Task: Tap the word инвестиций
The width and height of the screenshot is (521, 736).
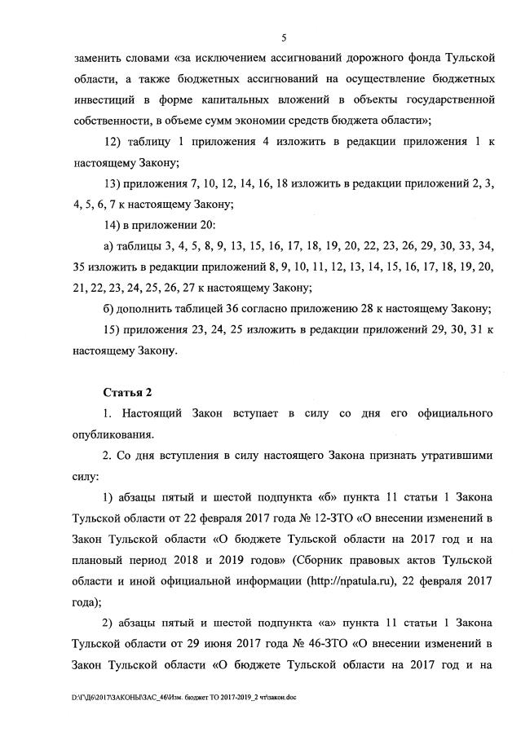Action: [107, 100]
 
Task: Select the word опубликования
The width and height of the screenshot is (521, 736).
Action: [115, 435]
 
